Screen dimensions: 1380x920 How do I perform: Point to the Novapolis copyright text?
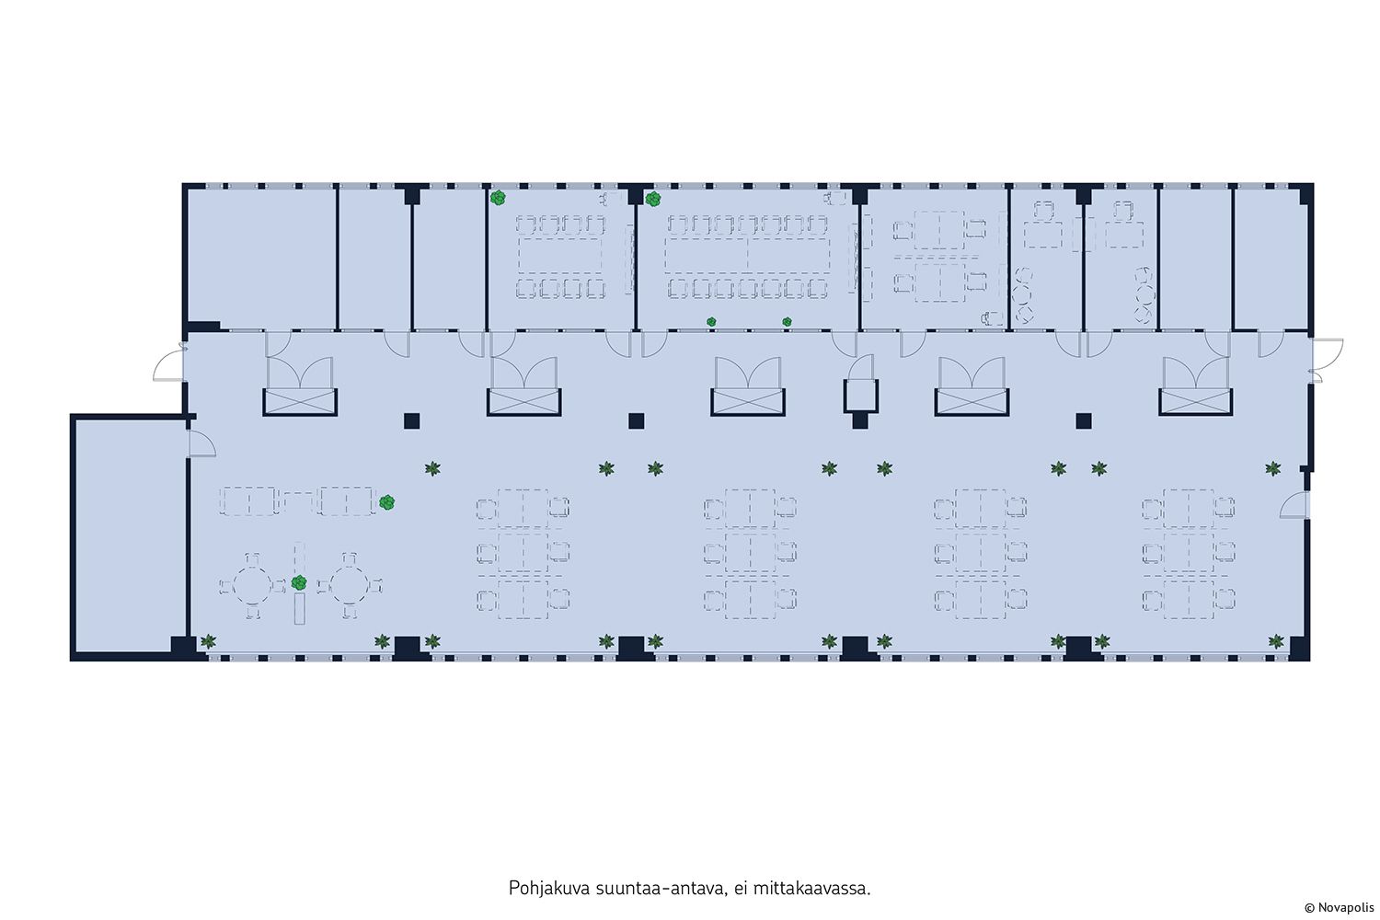(1340, 908)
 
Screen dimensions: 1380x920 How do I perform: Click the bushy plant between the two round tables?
(299, 582)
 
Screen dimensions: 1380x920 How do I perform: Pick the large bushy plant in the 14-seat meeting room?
(653, 199)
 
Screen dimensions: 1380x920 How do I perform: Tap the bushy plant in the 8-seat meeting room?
(498, 198)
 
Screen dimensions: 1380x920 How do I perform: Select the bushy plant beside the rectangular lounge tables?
(387, 502)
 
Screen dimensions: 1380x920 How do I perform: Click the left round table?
(251, 585)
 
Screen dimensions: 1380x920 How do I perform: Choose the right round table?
(350, 585)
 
